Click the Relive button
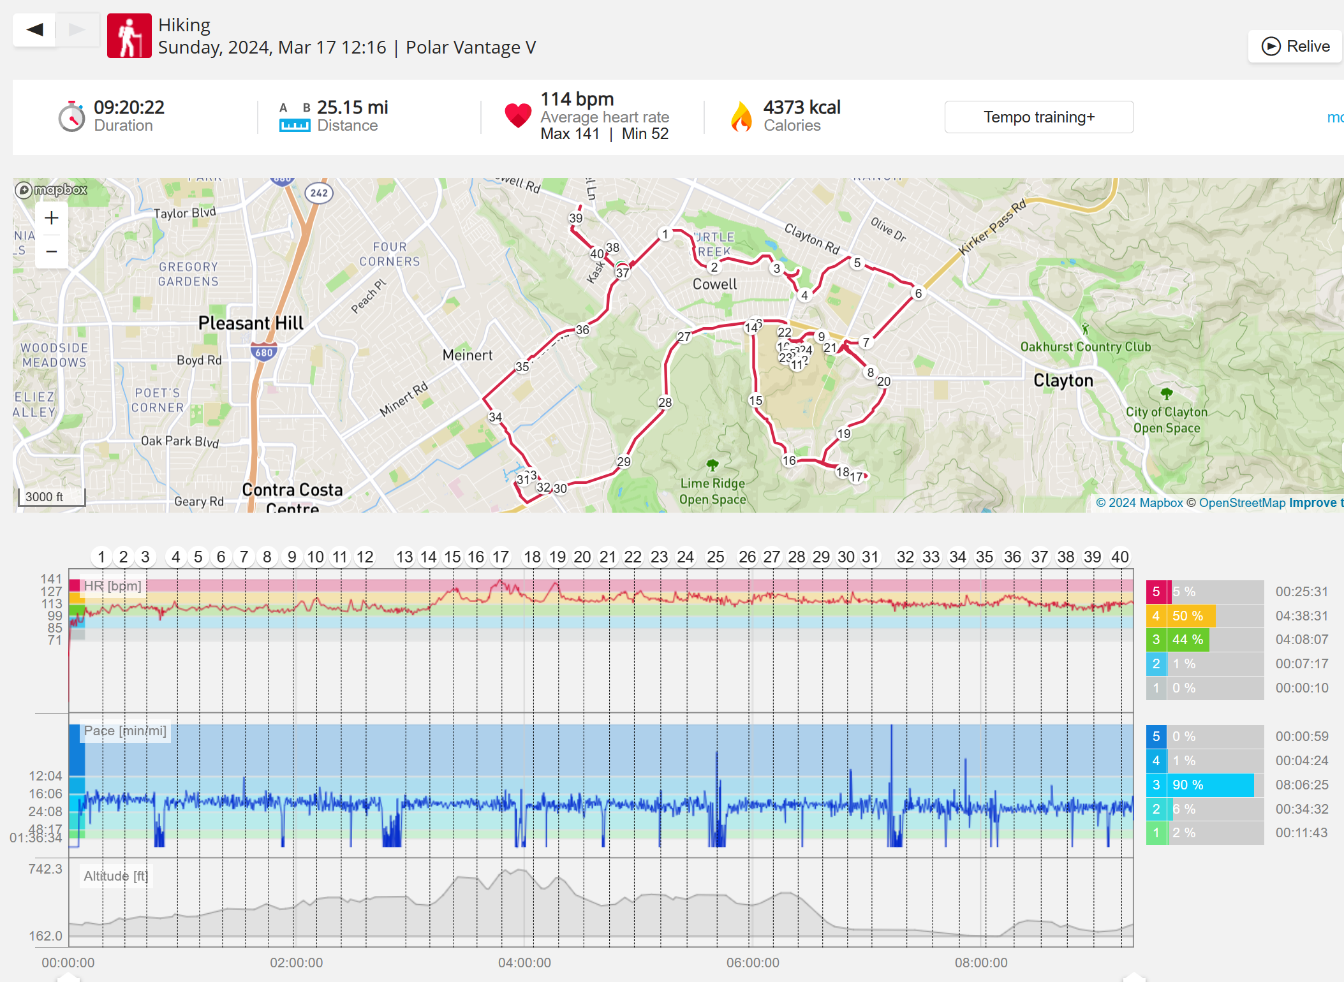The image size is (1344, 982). click(1295, 47)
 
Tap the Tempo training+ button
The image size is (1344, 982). click(1038, 117)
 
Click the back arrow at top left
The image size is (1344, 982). click(34, 29)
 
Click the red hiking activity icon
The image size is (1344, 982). click(129, 36)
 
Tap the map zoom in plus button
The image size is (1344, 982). click(52, 218)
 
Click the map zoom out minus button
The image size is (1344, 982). click(52, 252)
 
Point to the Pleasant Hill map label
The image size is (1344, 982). click(251, 323)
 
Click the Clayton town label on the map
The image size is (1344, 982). click(1063, 381)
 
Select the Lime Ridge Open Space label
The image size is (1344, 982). click(712, 491)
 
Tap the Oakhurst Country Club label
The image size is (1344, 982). click(1085, 347)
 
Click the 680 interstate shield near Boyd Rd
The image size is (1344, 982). click(263, 352)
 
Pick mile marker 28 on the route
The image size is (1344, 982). click(665, 402)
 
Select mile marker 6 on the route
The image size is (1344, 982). click(918, 293)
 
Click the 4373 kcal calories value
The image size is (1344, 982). click(802, 108)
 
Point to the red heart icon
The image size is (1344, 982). click(517, 115)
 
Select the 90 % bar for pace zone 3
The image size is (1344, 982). click(1210, 785)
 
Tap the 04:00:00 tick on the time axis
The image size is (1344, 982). click(524, 962)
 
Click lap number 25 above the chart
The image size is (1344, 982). click(715, 557)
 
